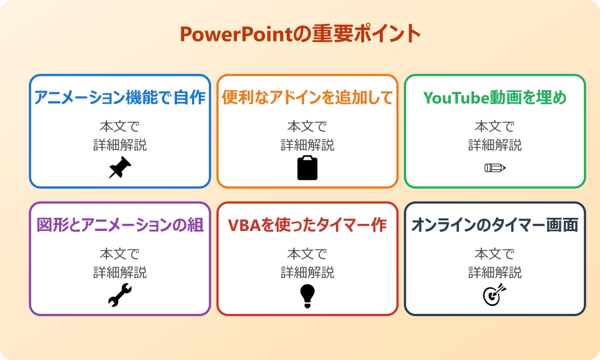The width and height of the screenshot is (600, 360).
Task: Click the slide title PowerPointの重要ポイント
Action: pyautogui.click(x=300, y=34)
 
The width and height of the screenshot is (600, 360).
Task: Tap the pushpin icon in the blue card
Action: pyautogui.click(x=120, y=168)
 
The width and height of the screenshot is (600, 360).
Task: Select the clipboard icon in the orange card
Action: pyautogui.click(x=307, y=168)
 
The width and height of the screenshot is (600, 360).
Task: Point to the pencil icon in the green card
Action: pyautogui.click(x=495, y=168)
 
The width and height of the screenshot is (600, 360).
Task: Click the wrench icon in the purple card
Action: pyautogui.click(x=120, y=295)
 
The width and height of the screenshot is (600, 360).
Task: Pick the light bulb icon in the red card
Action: pyautogui.click(x=307, y=295)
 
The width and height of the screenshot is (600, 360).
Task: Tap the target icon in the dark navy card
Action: pyautogui.click(x=495, y=295)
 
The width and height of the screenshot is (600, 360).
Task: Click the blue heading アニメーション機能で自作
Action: pyautogui.click(x=120, y=98)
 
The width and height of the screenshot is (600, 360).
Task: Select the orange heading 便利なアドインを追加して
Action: pyautogui.click(x=307, y=98)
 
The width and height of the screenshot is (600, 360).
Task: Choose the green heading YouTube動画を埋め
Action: pyautogui.click(x=495, y=98)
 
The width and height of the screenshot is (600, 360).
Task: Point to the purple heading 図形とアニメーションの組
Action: pyautogui.click(x=120, y=225)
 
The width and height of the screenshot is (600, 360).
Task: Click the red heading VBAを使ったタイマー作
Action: pyautogui.click(x=307, y=225)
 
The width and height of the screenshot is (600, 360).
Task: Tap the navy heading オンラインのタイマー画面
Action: pyautogui.click(x=495, y=225)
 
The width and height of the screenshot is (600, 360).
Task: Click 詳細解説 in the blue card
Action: pyautogui.click(x=120, y=145)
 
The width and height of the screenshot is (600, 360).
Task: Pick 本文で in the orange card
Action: pyautogui.click(x=307, y=127)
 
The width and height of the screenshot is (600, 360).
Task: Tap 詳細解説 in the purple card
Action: pyautogui.click(x=120, y=272)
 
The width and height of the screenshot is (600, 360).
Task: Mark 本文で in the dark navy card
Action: pyautogui.click(x=495, y=254)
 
